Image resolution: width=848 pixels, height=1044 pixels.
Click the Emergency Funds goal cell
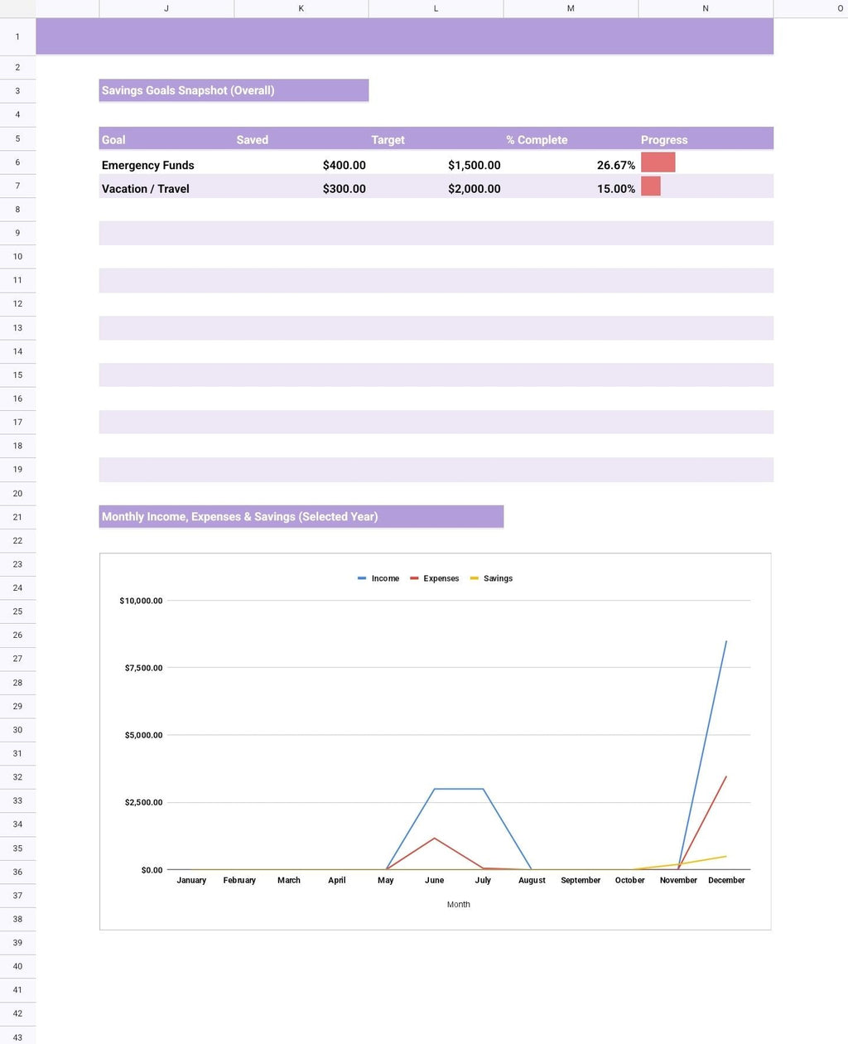tap(147, 165)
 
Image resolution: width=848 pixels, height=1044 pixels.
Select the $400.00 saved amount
tap(344, 165)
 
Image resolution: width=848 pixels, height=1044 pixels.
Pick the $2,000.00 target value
tap(474, 189)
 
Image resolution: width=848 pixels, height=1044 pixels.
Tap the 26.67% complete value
tap(615, 165)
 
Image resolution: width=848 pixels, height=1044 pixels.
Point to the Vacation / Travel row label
tap(145, 189)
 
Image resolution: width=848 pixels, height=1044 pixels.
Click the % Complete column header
tap(537, 140)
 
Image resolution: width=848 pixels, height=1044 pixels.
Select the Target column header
tap(388, 140)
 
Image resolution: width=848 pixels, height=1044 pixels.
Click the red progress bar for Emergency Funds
tap(658, 162)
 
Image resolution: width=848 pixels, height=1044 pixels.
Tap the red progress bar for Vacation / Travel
tap(651, 186)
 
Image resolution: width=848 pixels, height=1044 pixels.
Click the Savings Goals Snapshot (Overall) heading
tap(188, 90)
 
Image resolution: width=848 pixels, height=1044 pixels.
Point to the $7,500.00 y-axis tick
tap(143, 668)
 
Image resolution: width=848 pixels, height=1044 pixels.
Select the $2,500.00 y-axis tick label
tap(143, 802)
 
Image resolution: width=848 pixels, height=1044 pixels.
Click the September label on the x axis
tap(581, 880)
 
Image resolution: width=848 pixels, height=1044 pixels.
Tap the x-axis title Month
tap(458, 905)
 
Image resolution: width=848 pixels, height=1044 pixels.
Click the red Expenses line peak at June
tap(434, 839)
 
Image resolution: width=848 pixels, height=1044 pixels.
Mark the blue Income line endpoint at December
tap(726, 640)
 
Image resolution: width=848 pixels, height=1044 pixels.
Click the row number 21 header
tap(17, 517)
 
